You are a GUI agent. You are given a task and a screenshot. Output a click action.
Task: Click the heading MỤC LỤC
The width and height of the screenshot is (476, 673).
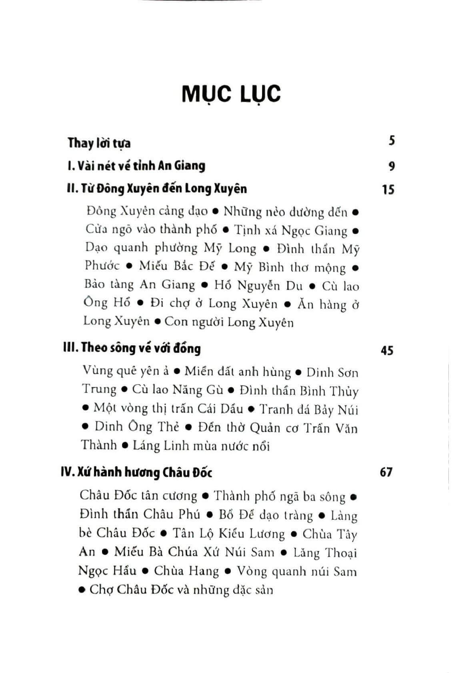[x=231, y=94]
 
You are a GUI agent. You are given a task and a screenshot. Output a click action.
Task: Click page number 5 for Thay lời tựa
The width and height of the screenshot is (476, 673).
[x=392, y=141]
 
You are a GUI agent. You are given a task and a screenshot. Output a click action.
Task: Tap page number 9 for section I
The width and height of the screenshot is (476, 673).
[x=392, y=166]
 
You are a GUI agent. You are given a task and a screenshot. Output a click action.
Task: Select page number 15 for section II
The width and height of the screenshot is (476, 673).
[x=388, y=189]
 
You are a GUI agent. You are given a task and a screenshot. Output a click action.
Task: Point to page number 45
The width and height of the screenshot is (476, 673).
[x=387, y=351]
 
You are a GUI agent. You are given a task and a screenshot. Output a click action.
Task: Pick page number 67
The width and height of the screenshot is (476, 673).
[x=386, y=472]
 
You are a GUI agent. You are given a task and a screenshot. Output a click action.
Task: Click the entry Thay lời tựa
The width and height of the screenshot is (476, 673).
[x=99, y=143]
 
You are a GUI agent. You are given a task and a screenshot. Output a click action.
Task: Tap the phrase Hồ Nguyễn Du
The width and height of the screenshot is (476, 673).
[x=259, y=285]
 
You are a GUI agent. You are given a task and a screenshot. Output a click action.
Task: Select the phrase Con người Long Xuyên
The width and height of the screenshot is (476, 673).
[x=229, y=322]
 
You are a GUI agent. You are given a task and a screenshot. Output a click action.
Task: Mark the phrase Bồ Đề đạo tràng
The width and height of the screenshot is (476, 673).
[x=266, y=515]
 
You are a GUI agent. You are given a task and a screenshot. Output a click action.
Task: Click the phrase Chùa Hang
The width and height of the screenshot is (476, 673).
[x=186, y=571]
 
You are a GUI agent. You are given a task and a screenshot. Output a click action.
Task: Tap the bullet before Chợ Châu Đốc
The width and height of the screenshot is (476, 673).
[x=82, y=590]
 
